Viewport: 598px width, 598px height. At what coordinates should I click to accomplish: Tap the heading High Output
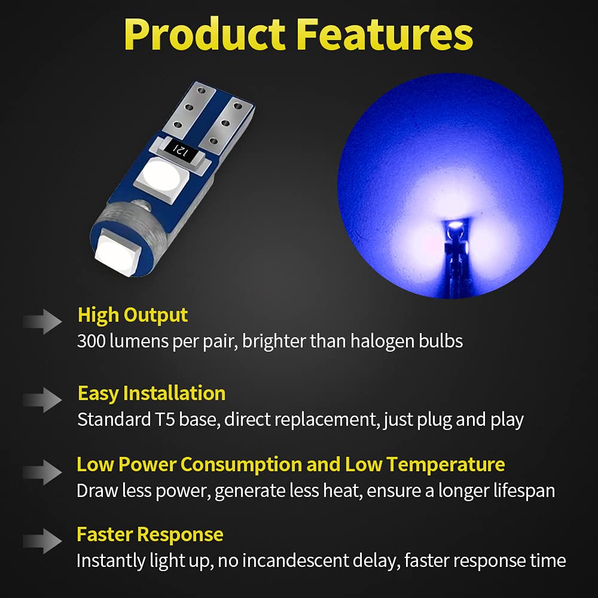coord(132,315)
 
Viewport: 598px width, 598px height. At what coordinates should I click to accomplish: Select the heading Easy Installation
coord(151,393)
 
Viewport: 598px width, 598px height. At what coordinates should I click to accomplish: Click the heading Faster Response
coord(149,534)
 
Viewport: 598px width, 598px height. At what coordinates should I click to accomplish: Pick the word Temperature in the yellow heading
coord(446,464)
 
